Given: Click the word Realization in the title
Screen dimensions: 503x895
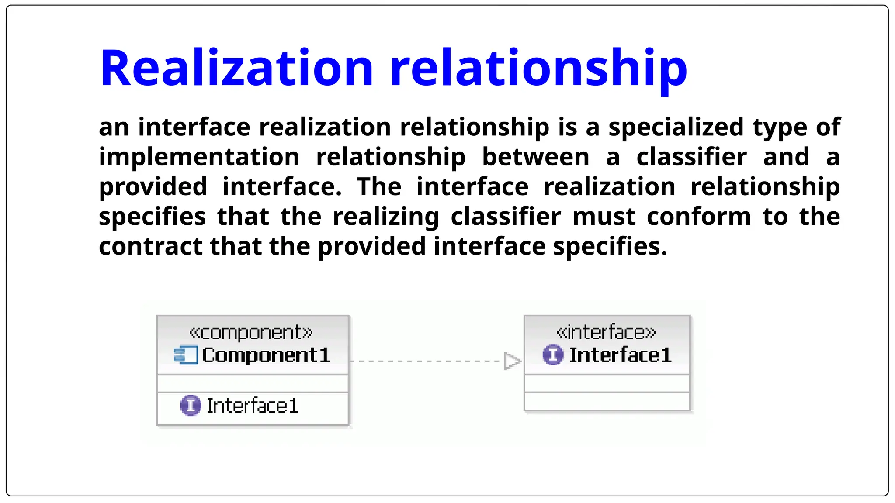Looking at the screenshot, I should click(236, 69).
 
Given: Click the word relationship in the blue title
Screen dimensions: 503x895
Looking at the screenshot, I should click(538, 69).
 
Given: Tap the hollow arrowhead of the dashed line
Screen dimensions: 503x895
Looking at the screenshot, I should click(511, 361).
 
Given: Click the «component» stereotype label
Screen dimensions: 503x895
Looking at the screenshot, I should click(251, 333).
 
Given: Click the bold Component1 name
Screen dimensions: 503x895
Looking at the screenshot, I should click(266, 355).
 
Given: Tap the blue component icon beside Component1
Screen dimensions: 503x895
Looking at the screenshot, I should click(185, 355).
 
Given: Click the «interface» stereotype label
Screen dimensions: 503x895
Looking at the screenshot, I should click(606, 333).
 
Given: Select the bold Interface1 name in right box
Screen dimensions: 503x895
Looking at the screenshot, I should click(620, 355).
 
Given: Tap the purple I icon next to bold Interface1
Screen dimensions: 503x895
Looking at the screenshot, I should click(553, 355).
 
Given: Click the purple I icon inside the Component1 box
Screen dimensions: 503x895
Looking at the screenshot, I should click(191, 406).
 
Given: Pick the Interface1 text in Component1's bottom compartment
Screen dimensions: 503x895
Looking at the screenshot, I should click(252, 406).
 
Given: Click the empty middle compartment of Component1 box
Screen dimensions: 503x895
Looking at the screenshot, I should click(253, 383).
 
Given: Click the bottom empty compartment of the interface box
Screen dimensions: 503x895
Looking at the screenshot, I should click(607, 401).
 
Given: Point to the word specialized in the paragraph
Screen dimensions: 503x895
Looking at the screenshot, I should click(676, 127).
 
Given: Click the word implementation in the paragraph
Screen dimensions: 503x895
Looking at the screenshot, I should click(199, 157).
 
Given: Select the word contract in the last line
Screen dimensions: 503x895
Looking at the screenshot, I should click(150, 247).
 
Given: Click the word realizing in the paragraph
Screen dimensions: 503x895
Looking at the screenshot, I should click(385, 217).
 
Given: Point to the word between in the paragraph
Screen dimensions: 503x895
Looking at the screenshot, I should click(535, 157).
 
